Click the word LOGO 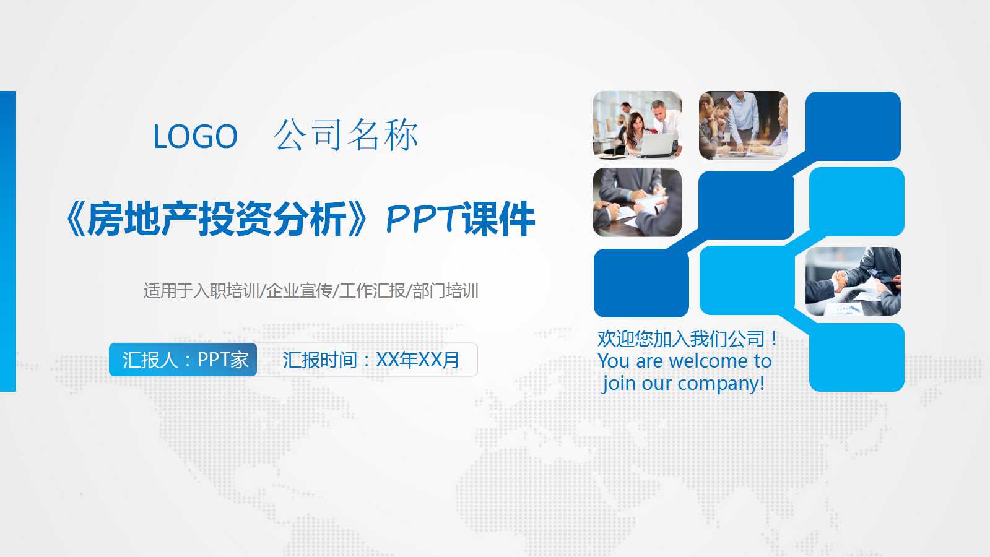pyautogui.click(x=195, y=137)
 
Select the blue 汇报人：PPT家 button pyautogui.click(x=183, y=360)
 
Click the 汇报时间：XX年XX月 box pyautogui.click(x=370, y=360)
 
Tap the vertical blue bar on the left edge pyautogui.click(x=7, y=241)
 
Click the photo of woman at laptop pyautogui.click(x=637, y=125)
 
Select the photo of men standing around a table pyautogui.click(x=743, y=125)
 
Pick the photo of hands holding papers pyautogui.click(x=637, y=202)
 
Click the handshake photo pyautogui.click(x=853, y=281)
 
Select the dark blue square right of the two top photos pyautogui.click(x=853, y=126)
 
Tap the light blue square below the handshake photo pyautogui.click(x=857, y=358)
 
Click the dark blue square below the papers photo pyautogui.click(x=641, y=283)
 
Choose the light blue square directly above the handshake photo pyautogui.click(x=857, y=202)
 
